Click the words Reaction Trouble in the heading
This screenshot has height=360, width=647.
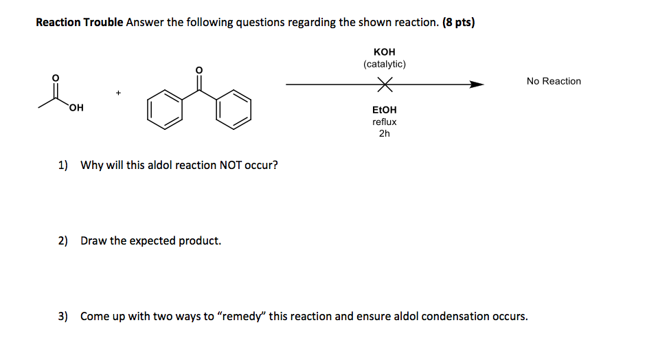click(79, 23)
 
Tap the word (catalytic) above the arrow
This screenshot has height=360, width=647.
click(385, 64)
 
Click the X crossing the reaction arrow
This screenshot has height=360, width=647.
click(385, 85)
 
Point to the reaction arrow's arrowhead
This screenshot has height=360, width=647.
click(477, 85)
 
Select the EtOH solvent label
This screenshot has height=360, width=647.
click(385, 110)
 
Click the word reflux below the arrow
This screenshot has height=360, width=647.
click(385, 122)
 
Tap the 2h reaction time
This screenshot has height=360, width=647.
click(385, 133)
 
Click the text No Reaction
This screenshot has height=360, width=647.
click(554, 81)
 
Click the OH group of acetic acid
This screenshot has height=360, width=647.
click(76, 108)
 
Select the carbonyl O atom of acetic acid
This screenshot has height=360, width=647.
click(56, 76)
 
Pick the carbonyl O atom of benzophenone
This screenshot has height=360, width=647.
click(199, 70)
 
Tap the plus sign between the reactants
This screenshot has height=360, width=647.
click(118, 91)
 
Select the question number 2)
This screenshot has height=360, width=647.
click(63, 241)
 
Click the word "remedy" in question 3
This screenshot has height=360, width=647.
click(241, 317)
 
